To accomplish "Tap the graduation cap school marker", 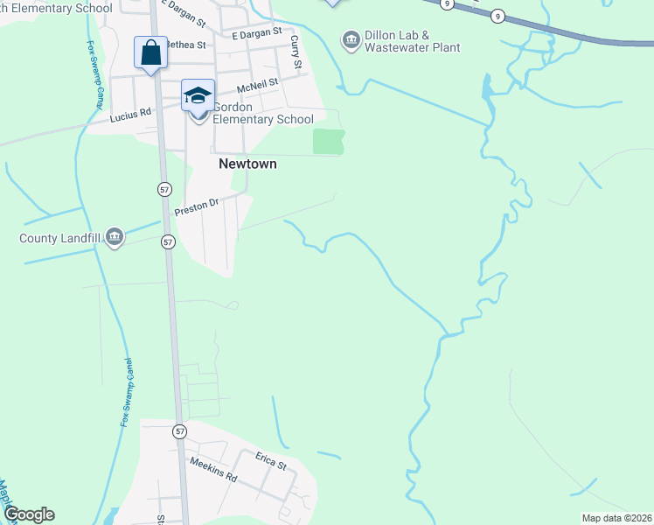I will tap(198, 95).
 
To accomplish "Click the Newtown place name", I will tap(247, 164).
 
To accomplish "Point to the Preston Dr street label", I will tap(196, 207).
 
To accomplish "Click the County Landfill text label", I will tap(60, 237).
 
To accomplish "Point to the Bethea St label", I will tap(184, 45).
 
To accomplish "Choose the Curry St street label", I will tap(296, 53).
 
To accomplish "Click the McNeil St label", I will tap(257, 84).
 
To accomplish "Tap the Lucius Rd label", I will tap(130, 113).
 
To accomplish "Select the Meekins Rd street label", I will tap(213, 471).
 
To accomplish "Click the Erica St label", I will tap(271, 461).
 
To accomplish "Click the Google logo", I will tap(29, 514).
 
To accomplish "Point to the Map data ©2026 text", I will tap(616, 518).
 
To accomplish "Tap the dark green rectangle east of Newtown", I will tap(329, 141).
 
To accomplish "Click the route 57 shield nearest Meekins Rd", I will tap(179, 431).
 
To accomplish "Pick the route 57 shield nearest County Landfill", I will tap(169, 241).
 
